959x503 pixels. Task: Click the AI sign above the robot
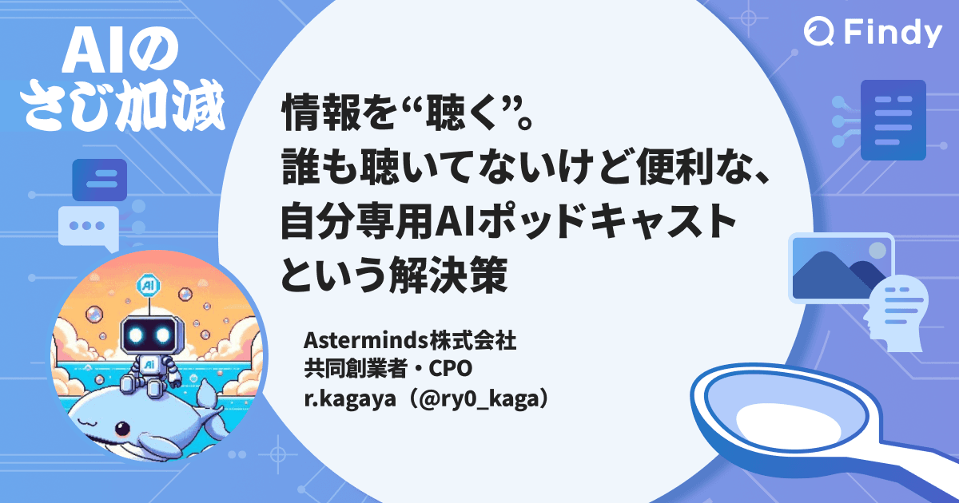tap(149, 284)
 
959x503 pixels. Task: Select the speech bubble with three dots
tap(86, 226)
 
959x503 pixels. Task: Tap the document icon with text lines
tap(893, 121)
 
